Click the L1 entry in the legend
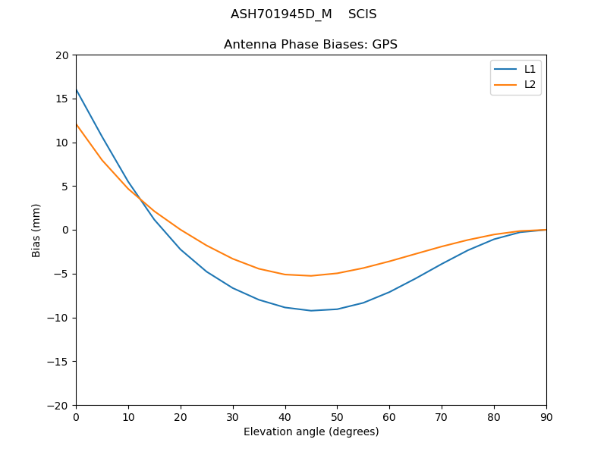point(530,69)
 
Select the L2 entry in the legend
point(530,84)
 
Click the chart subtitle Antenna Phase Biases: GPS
point(310,45)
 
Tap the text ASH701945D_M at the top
point(281,14)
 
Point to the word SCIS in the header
point(363,14)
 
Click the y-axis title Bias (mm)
point(36,230)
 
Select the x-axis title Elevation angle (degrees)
point(311,431)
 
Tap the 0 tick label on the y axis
point(66,230)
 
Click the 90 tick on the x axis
point(546,416)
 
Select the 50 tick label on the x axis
point(337,416)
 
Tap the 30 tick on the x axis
point(233,416)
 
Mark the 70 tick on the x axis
point(442,416)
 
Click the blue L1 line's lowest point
point(311,310)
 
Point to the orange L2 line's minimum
point(311,275)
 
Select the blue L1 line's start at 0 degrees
point(76,89)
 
